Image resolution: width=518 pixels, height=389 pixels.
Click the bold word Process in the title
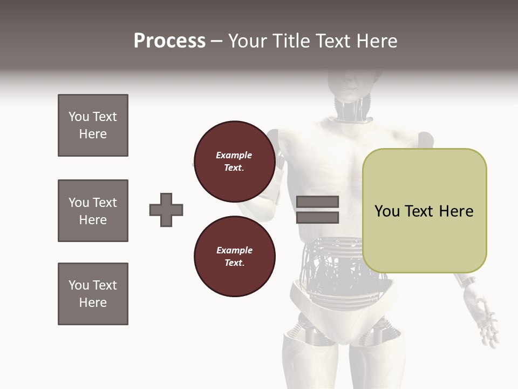point(169,41)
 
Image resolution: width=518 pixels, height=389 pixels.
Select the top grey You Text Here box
point(93,125)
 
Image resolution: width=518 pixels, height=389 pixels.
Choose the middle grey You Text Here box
point(93,211)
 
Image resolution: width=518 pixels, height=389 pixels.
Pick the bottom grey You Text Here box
point(93,294)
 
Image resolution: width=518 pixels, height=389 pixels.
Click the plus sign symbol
point(166,210)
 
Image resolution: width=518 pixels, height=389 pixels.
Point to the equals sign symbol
point(318,210)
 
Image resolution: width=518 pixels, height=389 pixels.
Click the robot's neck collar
point(353,116)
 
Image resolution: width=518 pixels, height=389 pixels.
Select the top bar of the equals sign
point(318,202)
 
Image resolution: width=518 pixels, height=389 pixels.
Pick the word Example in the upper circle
point(234,155)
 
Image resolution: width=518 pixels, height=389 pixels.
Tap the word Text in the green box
point(420,211)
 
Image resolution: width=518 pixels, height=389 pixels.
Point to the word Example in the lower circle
point(234,250)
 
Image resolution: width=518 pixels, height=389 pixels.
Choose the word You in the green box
point(387,211)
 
